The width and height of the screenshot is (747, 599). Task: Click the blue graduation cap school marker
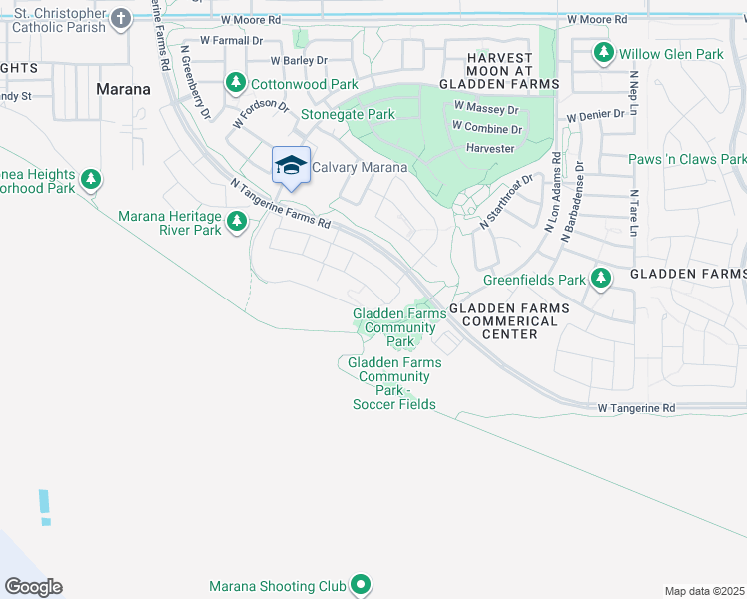pos(291,166)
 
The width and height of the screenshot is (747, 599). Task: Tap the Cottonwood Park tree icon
pos(236,82)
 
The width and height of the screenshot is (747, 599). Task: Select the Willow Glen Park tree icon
pos(603,52)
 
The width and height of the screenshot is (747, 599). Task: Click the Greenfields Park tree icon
pos(600,279)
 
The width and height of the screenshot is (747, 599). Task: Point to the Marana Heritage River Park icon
pos(237,223)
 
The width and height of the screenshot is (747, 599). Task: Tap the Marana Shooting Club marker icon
pos(361,586)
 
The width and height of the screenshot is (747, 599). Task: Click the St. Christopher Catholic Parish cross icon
pos(121,18)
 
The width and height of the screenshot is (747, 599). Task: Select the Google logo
pos(33,587)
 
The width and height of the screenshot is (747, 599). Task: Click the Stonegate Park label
pos(349,115)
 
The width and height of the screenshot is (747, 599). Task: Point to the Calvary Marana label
pos(360,167)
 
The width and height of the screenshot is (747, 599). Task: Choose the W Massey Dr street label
pos(486,107)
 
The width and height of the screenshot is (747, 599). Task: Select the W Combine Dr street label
pos(486,128)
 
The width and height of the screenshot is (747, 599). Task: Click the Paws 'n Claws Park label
pos(687,159)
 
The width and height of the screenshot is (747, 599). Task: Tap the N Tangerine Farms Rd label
pos(280,204)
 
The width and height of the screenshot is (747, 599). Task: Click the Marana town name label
pos(123,89)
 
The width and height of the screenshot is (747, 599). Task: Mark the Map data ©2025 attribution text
pos(704,591)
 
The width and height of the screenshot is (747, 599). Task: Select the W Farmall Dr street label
pos(231,41)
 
